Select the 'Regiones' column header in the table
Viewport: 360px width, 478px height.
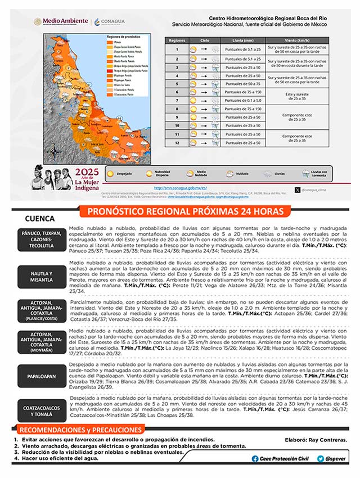177,41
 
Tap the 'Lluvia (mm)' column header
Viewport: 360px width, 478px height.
239,41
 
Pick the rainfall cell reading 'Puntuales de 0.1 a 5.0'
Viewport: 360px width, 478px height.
239,100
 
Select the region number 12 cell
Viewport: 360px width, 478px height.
177,143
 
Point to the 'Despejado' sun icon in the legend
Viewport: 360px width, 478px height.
112,174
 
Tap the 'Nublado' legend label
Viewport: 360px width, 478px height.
237,174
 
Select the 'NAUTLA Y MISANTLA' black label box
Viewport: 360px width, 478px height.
42,276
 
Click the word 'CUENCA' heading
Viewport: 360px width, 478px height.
40,218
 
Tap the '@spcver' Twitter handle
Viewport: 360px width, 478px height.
332,459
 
